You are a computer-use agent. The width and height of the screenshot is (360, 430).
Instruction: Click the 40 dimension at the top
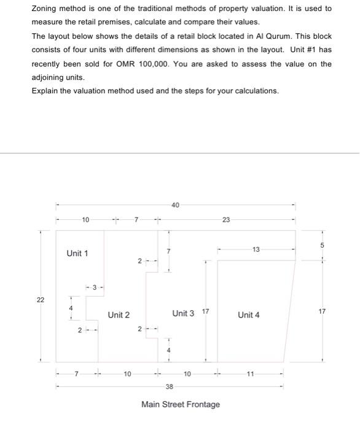click(175, 205)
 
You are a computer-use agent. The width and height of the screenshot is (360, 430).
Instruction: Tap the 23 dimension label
click(225, 220)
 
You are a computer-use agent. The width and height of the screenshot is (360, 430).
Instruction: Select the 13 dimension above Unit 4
click(256, 249)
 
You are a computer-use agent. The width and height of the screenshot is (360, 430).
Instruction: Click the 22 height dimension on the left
click(41, 299)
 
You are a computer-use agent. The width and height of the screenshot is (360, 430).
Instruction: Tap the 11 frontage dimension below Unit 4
click(250, 373)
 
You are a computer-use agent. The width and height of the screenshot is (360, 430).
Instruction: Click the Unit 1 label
click(77, 253)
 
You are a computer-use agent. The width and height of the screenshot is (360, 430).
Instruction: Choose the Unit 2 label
click(119, 315)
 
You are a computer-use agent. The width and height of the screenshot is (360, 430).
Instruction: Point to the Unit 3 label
click(183, 313)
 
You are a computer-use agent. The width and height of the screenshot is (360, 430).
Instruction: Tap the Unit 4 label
click(248, 315)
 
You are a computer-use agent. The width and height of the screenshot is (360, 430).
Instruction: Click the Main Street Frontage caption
click(181, 404)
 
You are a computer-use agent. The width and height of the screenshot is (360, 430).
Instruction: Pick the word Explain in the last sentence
click(45, 91)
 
